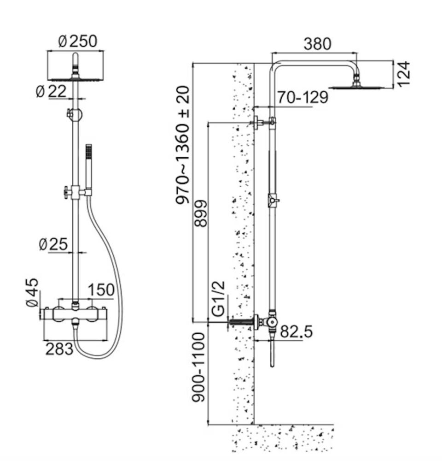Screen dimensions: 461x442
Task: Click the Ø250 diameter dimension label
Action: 78,41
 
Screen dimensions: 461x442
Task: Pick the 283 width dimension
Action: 59,349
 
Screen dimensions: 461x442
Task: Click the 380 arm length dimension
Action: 317,44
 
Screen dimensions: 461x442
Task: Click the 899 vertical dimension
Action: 200,213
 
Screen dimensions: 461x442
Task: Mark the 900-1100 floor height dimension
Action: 198,367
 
